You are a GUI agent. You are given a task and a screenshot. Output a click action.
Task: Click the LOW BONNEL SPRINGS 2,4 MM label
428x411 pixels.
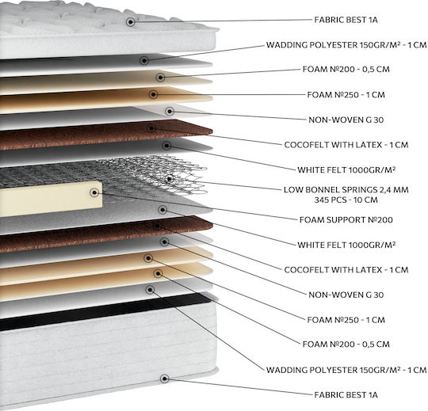click(x=346, y=190)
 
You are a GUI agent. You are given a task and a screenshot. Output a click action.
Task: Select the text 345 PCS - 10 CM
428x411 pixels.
click(x=346, y=200)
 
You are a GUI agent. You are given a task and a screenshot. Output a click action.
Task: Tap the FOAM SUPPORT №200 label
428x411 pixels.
click(x=346, y=220)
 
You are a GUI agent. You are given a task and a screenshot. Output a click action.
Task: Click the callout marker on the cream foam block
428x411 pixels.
click(x=94, y=192)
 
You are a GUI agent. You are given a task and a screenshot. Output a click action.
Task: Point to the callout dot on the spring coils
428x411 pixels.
click(x=170, y=179)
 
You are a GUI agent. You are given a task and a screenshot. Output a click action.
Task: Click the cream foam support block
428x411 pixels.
click(x=51, y=199)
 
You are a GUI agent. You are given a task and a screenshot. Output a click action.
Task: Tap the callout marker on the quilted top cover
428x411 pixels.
click(x=131, y=22)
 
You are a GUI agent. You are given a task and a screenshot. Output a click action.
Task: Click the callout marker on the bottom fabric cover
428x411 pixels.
click(x=164, y=379)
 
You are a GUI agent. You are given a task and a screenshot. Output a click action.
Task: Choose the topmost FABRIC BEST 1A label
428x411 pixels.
click(x=346, y=20)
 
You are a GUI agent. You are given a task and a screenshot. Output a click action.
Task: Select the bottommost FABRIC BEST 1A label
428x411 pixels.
click(x=346, y=395)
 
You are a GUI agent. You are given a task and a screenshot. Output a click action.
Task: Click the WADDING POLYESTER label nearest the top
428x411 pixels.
click(x=346, y=45)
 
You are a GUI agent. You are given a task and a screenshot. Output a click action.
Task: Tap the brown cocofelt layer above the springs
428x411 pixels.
click(x=106, y=135)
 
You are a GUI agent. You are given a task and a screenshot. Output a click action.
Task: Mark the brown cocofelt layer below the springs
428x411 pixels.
click(x=106, y=234)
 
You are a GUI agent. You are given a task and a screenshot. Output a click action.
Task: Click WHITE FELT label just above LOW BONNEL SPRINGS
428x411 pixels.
click(x=346, y=170)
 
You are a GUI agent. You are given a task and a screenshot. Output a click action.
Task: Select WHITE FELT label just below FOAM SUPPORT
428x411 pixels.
click(x=346, y=245)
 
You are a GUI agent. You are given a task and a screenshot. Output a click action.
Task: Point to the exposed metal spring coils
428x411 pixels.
click(x=153, y=174)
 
